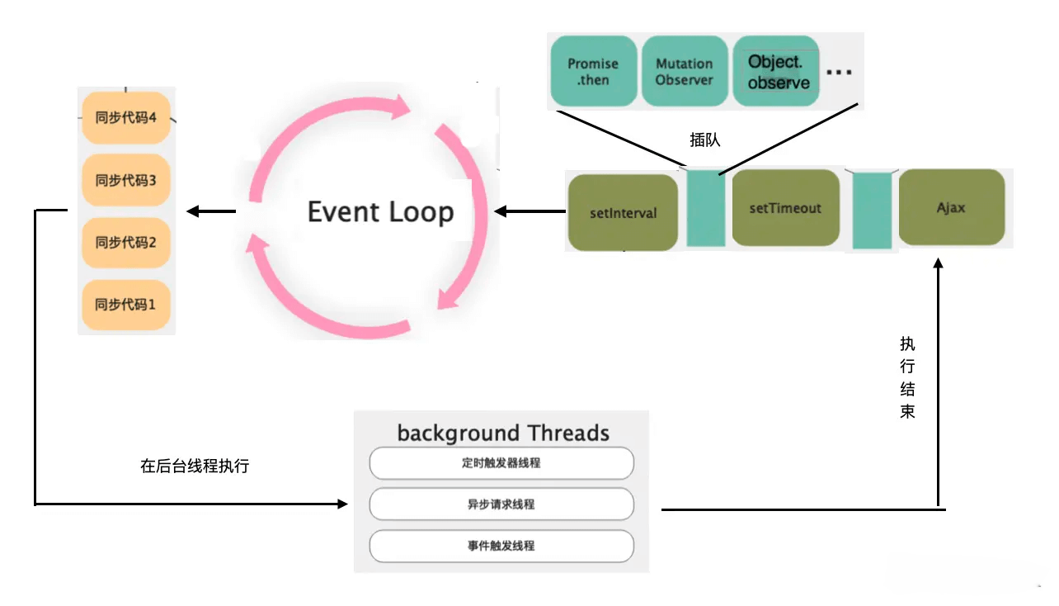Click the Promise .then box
click(x=593, y=72)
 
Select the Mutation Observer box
click(x=684, y=72)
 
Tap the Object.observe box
click(x=778, y=72)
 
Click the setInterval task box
click(x=623, y=213)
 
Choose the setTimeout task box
click(x=785, y=208)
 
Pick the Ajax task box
click(x=951, y=208)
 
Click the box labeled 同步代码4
click(x=126, y=117)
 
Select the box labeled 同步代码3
click(x=126, y=180)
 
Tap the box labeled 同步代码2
click(x=126, y=242)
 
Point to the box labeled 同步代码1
click(x=126, y=304)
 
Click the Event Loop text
click(x=380, y=212)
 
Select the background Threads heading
click(x=502, y=433)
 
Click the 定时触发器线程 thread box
click(x=501, y=463)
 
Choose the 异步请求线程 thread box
click(x=501, y=504)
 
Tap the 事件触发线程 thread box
click(x=501, y=546)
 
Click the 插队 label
click(x=705, y=140)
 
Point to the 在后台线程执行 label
click(x=195, y=466)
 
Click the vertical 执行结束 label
click(x=907, y=377)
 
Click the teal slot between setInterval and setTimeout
click(x=706, y=209)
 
